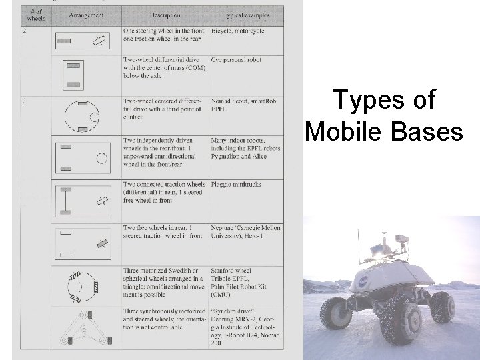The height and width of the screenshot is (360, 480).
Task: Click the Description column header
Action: coord(164,15)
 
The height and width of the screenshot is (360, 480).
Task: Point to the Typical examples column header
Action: coord(246,15)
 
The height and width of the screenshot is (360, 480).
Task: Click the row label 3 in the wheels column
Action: coord(25,101)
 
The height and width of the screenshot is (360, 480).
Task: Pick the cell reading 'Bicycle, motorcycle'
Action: coord(237,31)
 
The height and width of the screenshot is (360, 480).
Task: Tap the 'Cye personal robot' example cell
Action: coord(236,60)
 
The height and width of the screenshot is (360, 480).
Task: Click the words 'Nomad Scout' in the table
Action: coord(228,101)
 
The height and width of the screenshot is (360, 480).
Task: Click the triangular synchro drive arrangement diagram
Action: coord(83,329)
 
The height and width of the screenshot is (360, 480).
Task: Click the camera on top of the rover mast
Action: coord(401,238)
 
